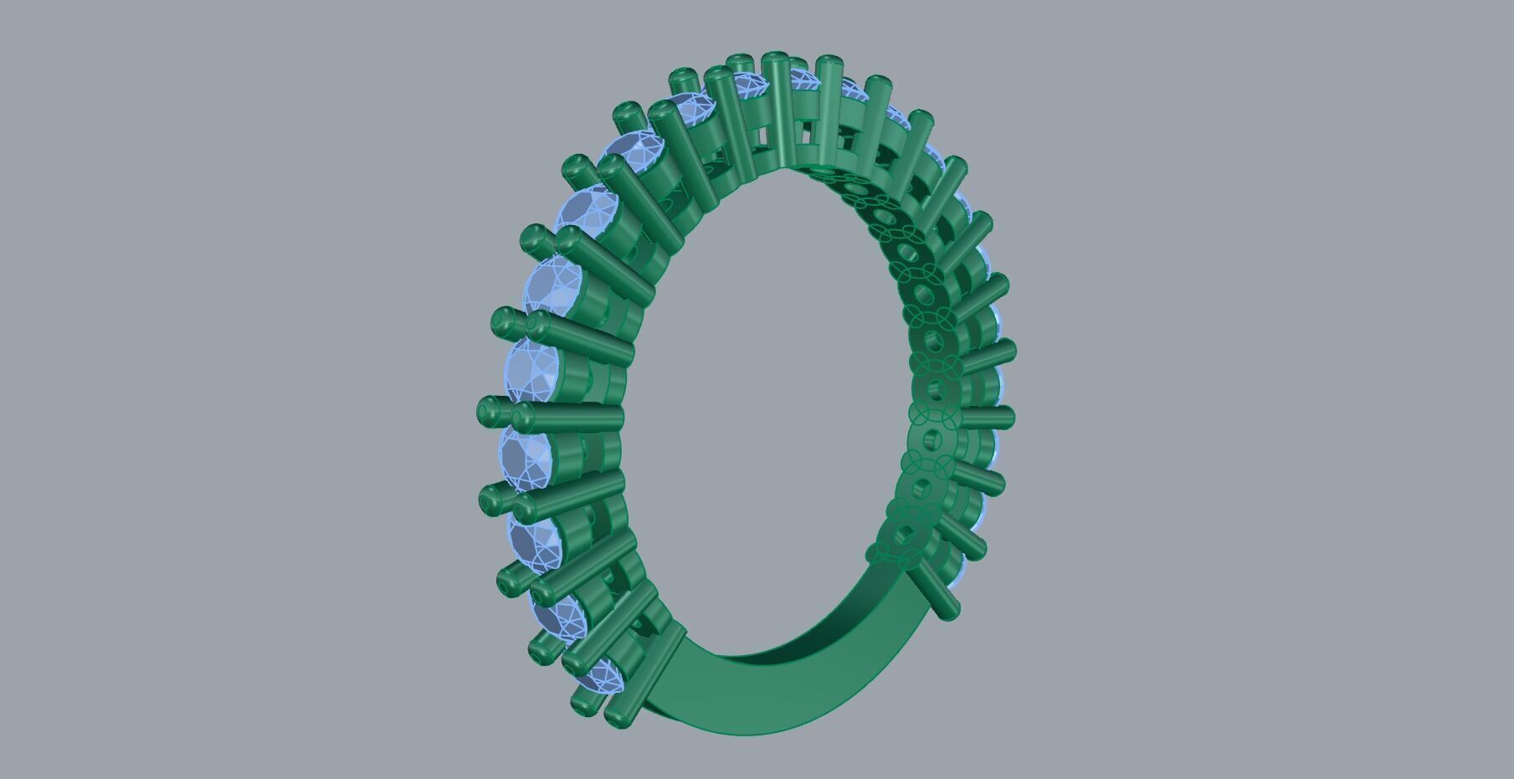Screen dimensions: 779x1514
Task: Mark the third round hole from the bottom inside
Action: (927, 438)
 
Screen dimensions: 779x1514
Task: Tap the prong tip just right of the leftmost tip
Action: (525, 415)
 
